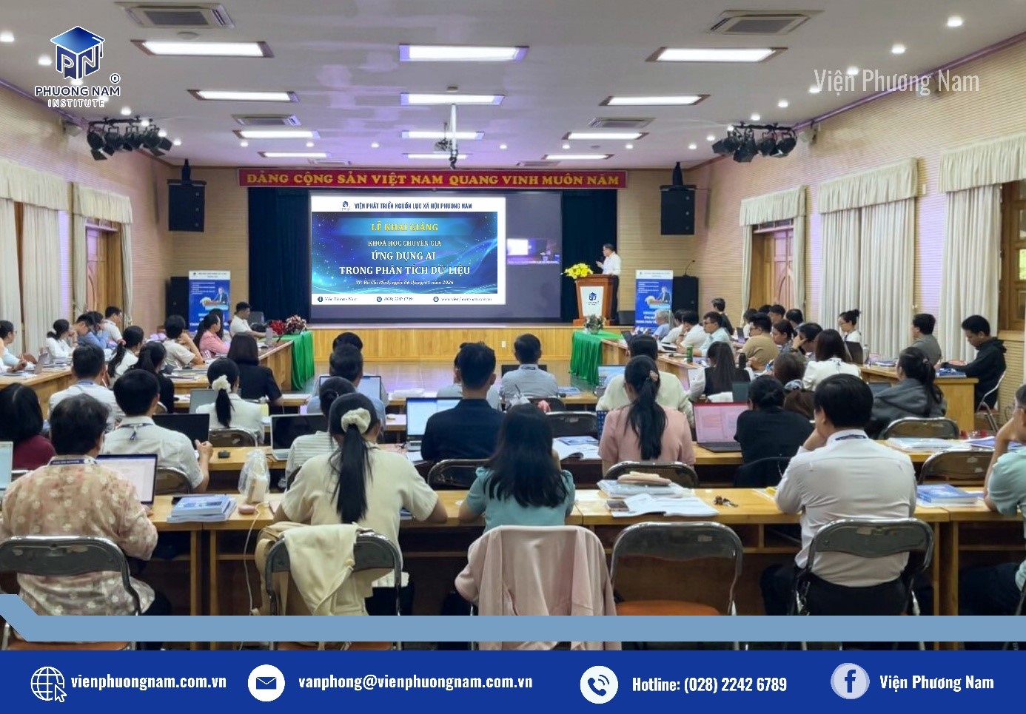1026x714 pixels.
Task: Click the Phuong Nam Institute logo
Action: click(77, 67)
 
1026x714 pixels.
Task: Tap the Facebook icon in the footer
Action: click(849, 681)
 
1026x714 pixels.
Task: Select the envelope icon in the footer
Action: click(266, 682)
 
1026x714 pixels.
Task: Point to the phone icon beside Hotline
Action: click(598, 684)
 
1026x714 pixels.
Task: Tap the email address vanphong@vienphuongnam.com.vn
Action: click(415, 681)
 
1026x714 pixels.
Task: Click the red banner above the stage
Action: click(432, 178)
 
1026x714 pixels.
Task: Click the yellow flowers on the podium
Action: click(578, 271)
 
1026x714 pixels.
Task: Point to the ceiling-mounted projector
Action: click(446, 145)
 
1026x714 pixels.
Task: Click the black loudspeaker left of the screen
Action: click(187, 205)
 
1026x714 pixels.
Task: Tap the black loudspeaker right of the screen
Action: click(677, 209)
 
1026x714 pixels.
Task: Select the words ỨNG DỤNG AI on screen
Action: click(403, 256)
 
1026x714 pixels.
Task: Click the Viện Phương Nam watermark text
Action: click(896, 81)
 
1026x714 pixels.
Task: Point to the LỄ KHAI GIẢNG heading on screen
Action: click(404, 227)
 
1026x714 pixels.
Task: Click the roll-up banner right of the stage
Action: click(653, 298)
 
